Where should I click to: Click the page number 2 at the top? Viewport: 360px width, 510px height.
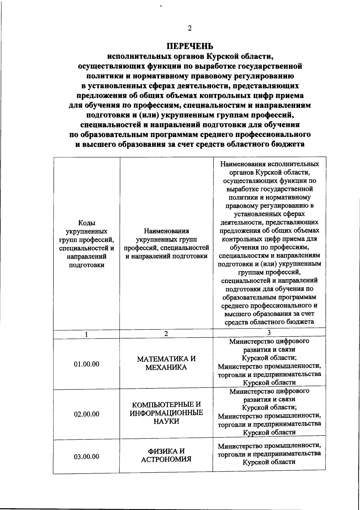pos(189,29)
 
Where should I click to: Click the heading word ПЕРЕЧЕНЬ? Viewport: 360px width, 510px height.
pos(190,46)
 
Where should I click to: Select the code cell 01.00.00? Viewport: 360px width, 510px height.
pos(86,364)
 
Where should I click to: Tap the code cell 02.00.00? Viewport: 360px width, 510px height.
pos(86,414)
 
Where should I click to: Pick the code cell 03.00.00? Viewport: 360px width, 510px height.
pos(86,457)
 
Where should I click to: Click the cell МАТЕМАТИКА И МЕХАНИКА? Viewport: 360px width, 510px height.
pos(166,363)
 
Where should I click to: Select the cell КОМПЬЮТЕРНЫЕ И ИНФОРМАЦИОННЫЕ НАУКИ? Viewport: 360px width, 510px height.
pos(166,413)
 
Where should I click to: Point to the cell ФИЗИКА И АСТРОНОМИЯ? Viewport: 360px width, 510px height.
pos(166,455)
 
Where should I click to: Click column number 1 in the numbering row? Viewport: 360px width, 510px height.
pos(86,334)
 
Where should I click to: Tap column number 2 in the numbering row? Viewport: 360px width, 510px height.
pos(166,334)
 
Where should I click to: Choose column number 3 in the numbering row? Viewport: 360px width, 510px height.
pos(269,333)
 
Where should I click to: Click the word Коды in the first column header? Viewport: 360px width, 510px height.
pos(86,223)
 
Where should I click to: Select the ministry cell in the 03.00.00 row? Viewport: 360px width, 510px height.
pos(269,454)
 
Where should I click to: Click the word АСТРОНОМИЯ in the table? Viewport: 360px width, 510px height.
pos(166,460)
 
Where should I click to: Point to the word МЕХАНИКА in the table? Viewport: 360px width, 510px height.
pos(166,367)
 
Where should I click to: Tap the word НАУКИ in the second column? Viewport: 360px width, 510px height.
pos(166,421)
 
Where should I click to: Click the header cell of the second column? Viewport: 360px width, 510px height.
pos(166,243)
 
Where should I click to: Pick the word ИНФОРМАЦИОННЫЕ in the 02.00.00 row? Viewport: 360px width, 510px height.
pos(166,413)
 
